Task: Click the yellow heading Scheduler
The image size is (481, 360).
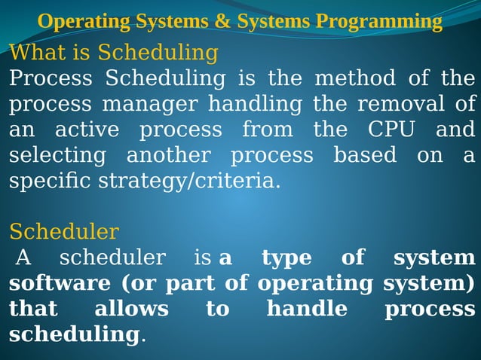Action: point(64,230)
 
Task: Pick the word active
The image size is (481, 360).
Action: point(87,130)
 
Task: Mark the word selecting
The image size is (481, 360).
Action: point(57,155)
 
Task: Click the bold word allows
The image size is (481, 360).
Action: point(131,310)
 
